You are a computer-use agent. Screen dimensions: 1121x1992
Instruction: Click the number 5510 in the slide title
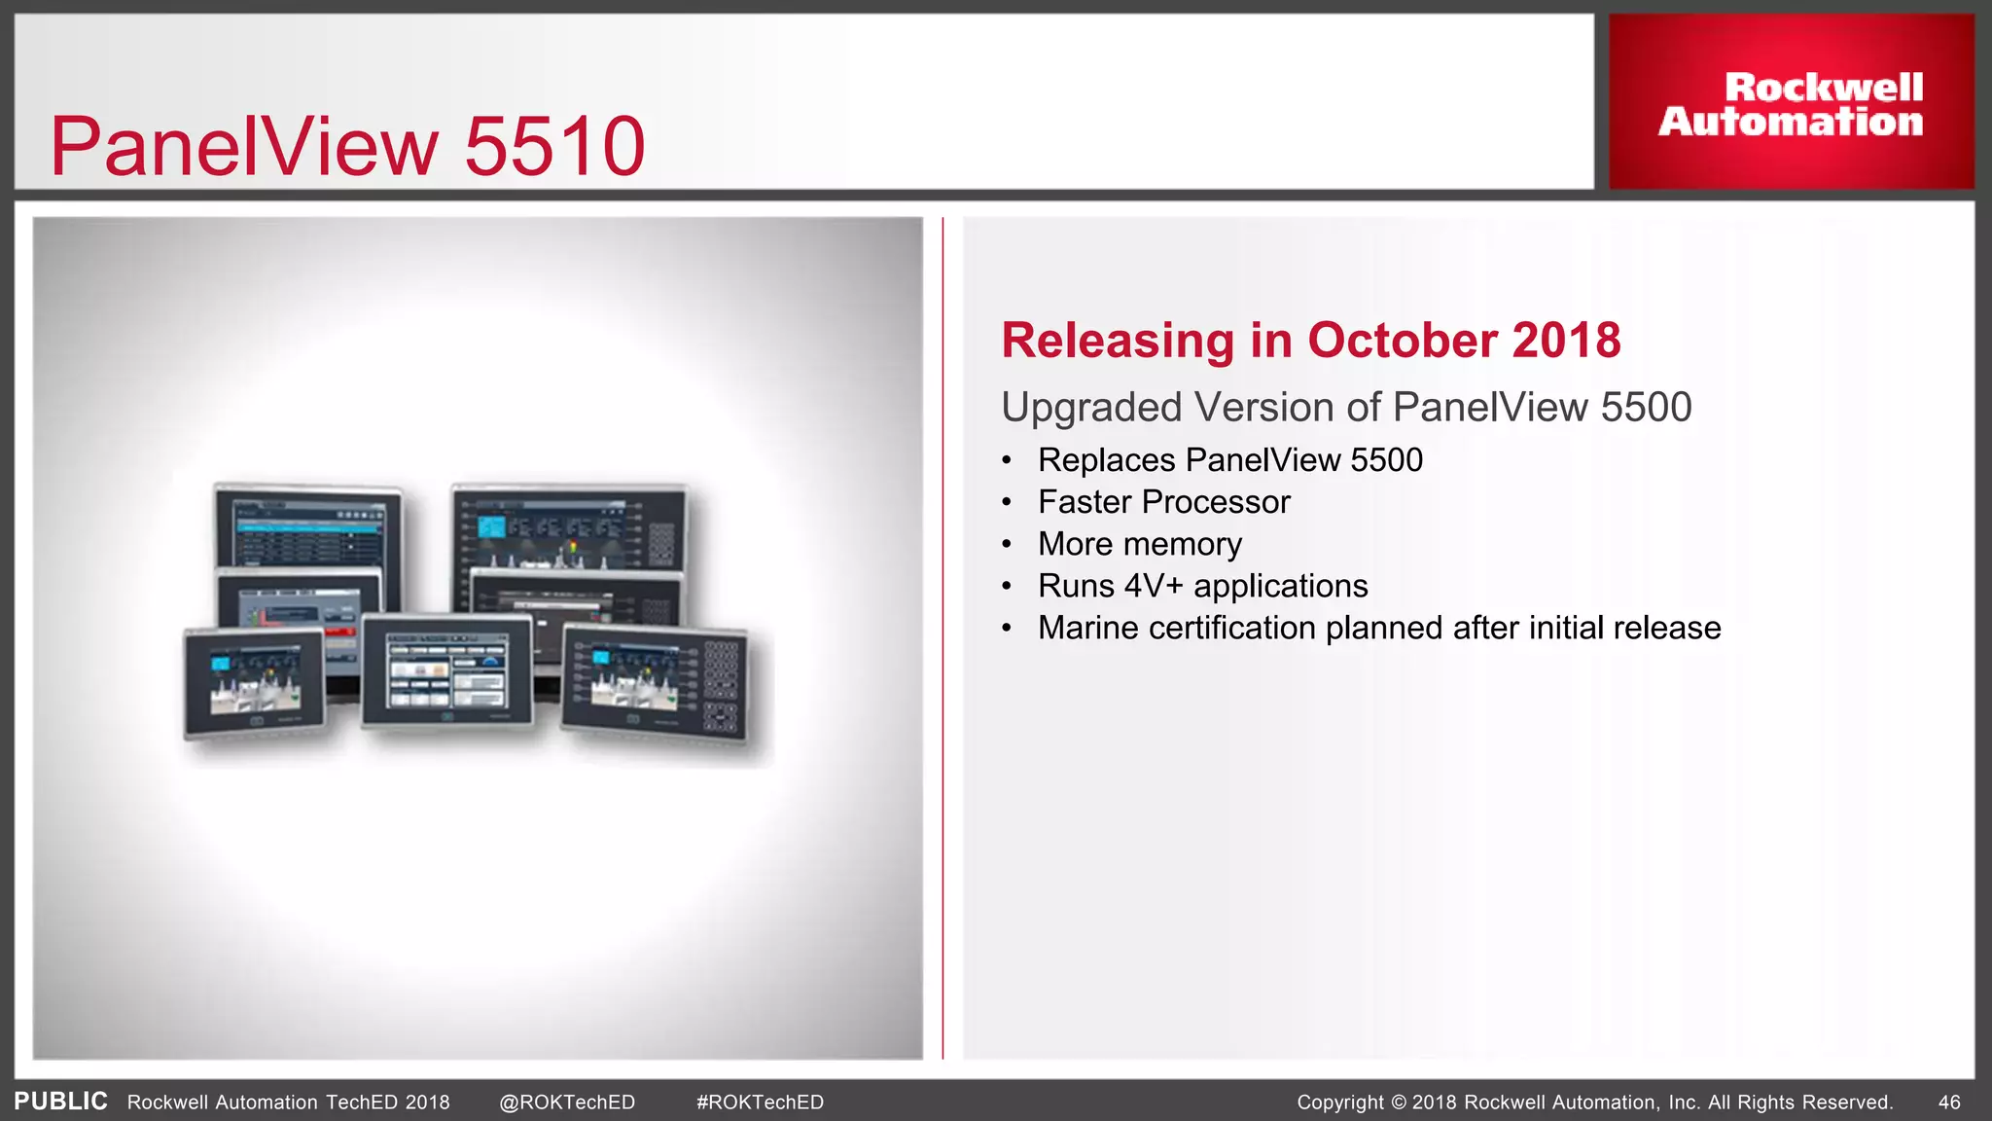pos(554,146)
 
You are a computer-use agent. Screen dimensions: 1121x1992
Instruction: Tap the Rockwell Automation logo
pos(1791,103)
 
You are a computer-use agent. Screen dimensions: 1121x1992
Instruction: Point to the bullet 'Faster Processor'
pos(1163,502)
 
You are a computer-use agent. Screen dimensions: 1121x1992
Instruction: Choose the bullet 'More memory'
pos(1139,544)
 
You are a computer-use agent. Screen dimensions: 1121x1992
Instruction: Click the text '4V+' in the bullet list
pos(1153,586)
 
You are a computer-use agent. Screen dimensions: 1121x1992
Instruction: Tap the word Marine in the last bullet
pos(1088,628)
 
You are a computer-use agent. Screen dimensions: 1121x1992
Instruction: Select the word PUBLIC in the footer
pos(60,1102)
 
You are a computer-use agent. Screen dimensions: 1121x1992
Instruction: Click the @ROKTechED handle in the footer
pos(567,1103)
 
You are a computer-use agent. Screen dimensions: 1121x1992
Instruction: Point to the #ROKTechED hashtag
pos(760,1103)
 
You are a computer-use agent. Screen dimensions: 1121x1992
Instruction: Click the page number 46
pos(1949,1103)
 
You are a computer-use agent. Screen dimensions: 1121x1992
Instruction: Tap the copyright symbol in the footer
pos(1399,1103)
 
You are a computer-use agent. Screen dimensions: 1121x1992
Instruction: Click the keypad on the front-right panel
pos(721,686)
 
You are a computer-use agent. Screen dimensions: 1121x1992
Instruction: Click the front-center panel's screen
pos(447,670)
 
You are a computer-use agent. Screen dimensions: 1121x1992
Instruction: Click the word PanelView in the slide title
pos(244,146)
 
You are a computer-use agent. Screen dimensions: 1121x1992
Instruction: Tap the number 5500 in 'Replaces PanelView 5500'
pos(1386,460)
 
